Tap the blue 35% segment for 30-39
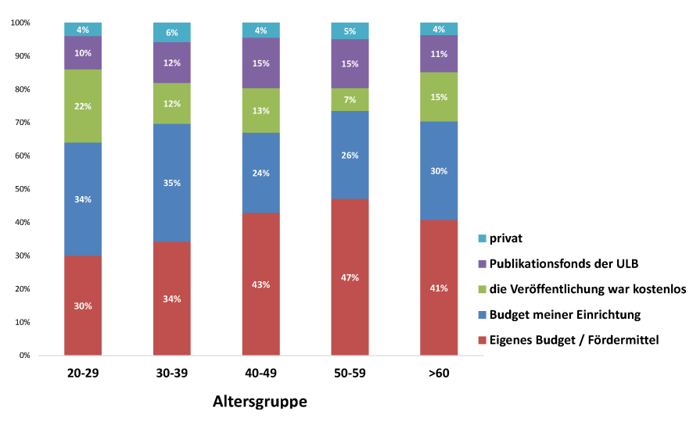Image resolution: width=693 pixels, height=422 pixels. tap(172, 183)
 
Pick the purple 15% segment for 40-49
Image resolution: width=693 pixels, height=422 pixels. tap(260, 63)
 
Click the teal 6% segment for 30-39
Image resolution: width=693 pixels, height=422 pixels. tap(172, 32)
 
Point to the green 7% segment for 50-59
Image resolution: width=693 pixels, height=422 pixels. tap(350, 99)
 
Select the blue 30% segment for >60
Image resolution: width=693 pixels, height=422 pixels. tap(439, 170)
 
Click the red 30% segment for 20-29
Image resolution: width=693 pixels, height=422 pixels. tap(83, 306)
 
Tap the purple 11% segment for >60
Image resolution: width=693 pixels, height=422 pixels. tap(439, 54)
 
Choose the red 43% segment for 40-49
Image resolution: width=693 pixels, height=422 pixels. tap(260, 284)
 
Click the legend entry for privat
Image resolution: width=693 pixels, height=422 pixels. tap(506, 238)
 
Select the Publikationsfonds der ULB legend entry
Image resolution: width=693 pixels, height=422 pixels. tap(561, 263)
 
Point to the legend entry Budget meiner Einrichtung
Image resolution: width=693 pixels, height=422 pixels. tap(563, 314)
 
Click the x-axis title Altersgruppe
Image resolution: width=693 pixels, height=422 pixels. tap(260, 402)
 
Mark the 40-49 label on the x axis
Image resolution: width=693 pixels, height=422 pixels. tap(260, 374)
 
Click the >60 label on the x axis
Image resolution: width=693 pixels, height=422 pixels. tap(439, 374)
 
